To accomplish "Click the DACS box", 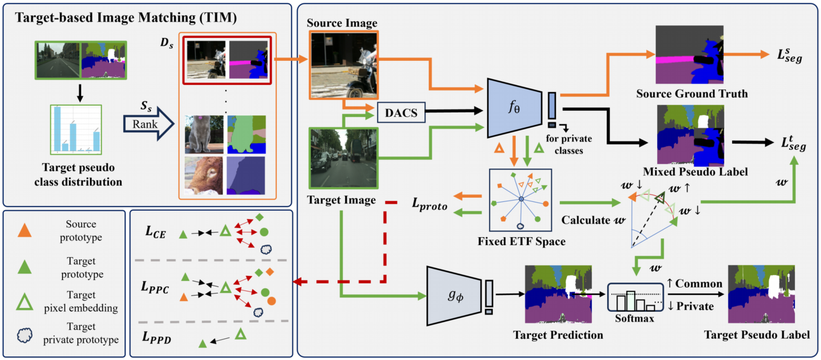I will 401,112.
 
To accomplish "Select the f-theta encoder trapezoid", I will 512,108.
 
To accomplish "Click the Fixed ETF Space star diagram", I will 521,200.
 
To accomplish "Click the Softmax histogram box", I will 635,298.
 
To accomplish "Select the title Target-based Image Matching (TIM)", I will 126,18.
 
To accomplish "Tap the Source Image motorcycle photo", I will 344,65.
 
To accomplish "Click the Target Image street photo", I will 343,158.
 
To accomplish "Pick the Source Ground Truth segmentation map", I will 689,55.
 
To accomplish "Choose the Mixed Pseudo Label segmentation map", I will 690,135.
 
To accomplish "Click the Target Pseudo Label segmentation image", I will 761,294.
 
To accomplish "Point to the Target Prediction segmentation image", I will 558,294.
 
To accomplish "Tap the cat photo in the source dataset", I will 204,134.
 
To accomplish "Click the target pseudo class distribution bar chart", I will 76,129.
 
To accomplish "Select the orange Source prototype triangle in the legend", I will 24,230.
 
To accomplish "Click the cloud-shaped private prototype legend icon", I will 24,335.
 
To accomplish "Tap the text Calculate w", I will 593,220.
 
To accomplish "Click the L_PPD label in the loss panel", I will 157,338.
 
